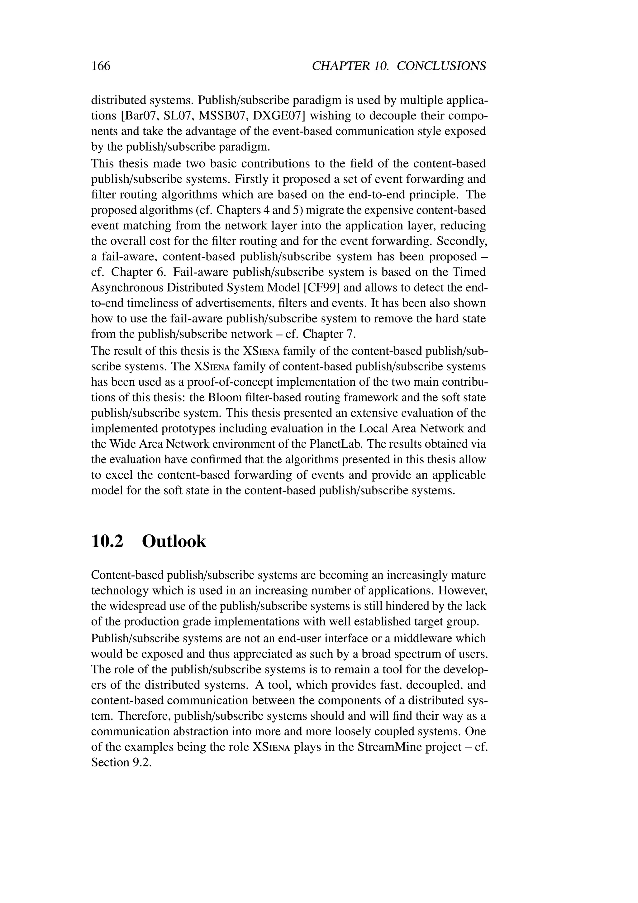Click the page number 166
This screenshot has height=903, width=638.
point(101,66)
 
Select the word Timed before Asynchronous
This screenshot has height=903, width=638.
point(469,272)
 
